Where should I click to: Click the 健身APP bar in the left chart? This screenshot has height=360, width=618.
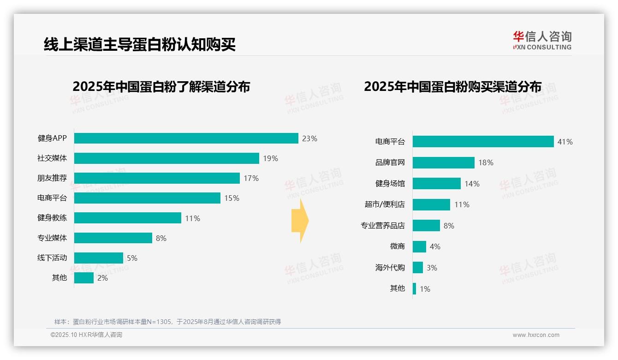point(186,138)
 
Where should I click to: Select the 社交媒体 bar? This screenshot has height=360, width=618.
point(166,158)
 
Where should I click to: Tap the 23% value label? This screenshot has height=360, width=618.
point(309,138)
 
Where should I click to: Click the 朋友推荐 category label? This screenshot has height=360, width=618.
point(52,178)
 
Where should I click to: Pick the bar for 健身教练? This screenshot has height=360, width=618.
point(127,218)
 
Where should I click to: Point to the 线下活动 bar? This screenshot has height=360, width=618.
point(98,258)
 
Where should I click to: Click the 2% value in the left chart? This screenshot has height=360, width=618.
point(102,278)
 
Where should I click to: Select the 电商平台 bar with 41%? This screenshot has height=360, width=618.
point(483,142)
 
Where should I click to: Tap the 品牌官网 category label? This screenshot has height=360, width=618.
point(390,162)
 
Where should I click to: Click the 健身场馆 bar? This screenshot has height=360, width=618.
point(436,184)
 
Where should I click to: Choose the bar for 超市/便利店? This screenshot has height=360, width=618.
point(431,204)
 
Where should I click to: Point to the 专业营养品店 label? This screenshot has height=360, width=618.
point(382,226)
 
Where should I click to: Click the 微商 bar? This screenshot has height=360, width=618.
point(419,246)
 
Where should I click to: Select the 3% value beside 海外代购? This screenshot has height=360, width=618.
point(432,268)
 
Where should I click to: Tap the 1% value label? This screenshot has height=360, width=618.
point(425,289)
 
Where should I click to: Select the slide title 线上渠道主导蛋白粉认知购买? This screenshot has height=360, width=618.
point(140,45)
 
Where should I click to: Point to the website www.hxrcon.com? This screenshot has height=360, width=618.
point(536,335)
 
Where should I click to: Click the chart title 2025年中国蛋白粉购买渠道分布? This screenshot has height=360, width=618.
point(452,87)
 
